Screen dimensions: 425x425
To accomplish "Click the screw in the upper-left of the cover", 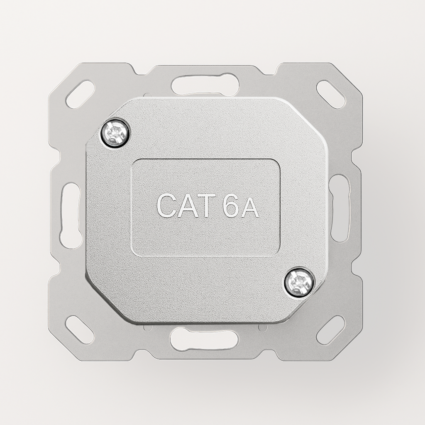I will click(115, 133).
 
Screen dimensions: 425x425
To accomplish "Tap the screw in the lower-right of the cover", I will click(299, 282).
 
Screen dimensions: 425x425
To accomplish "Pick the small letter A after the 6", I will click(250, 208).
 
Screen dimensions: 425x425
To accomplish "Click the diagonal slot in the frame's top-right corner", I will click(331, 94).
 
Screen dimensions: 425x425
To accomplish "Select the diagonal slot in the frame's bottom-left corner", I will click(80, 330).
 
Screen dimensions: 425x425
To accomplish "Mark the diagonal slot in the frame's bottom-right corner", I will click(331, 330).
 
